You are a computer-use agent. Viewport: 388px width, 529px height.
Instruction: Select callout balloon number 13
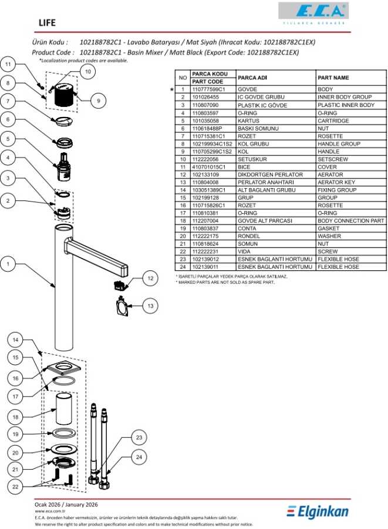pos(150,306)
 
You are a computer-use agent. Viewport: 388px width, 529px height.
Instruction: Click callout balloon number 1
pos(8,265)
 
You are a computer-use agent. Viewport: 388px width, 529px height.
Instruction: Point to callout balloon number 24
pos(139,457)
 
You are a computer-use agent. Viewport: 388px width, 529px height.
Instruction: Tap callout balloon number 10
pos(87,72)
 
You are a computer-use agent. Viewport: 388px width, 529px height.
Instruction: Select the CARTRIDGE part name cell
pos(333,120)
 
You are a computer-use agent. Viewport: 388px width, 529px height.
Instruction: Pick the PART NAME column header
pos(333,77)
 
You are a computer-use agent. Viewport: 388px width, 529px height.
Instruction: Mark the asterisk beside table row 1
pos(171,89)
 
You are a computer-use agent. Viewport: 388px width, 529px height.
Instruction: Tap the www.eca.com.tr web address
pos(49,511)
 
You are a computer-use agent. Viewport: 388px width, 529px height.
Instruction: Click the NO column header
pos(183,77)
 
